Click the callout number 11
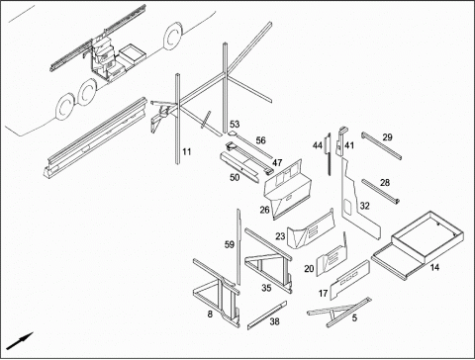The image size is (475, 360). pyautogui.click(x=187, y=152)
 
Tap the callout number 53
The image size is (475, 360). pyautogui.click(x=235, y=125)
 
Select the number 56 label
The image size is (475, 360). pyautogui.click(x=261, y=140)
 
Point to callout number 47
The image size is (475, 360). pyautogui.click(x=277, y=162)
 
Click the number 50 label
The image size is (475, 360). pyautogui.click(x=235, y=177)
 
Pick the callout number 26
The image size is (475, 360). pyautogui.click(x=264, y=210)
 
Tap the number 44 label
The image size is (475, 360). pyautogui.click(x=318, y=145)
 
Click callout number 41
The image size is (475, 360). pyautogui.click(x=349, y=145)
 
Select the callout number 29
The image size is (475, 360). pyautogui.click(x=388, y=137)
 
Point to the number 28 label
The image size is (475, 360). pyautogui.click(x=385, y=183)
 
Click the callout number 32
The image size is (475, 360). pyautogui.click(x=364, y=206)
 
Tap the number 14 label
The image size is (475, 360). pyautogui.click(x=434, y=267)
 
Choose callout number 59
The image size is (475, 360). pyautogui.click(x=230, y=244)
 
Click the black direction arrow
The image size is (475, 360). pyautogui.click(x=20, y=341)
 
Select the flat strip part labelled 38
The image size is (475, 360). pyautogui.click(x=267, y=315)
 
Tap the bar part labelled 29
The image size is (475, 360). pyautogui.click(x=381, y=145)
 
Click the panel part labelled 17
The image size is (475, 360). pyautogui.click(x=349, y=280)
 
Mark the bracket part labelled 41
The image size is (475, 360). pyautogui.click(x=340, y=141)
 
